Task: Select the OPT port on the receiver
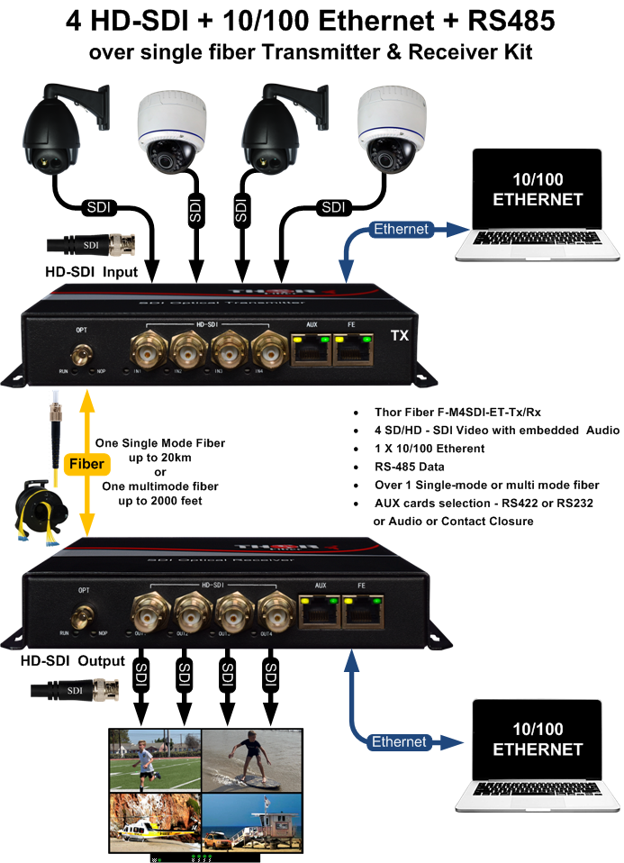coord(84,617)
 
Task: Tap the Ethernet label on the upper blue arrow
coord(401,230)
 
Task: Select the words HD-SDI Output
coord(73,661)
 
